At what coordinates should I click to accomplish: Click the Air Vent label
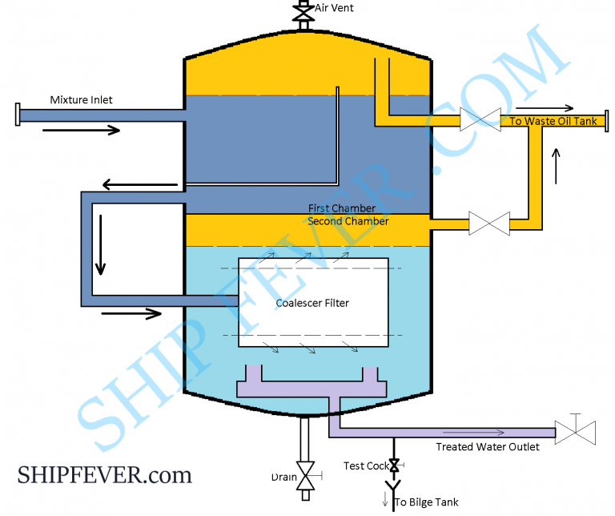point(334,8)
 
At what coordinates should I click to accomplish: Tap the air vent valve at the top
point(303,12)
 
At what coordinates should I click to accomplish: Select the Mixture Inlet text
point(81,100)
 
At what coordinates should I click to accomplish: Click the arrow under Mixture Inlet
point(88,130)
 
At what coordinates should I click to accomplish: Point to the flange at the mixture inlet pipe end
point(17,115)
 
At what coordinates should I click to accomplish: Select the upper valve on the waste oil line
point(480,121)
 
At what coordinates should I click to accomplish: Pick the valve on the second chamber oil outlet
point(489,222)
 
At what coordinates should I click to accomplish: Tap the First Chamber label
point(342,208)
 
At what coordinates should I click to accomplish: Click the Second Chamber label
point(348,221)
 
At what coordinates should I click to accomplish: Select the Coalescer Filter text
point(312,303)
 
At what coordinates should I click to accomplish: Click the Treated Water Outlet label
point(487,446)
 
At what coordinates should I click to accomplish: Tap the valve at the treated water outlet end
point(575,432)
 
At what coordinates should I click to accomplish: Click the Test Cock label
point(366,466)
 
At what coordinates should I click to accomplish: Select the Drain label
point(283,478)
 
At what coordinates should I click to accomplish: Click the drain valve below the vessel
point(304,477)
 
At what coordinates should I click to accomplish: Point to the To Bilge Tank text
point(426,502)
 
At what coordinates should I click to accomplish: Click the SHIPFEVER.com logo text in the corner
point(104,475)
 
